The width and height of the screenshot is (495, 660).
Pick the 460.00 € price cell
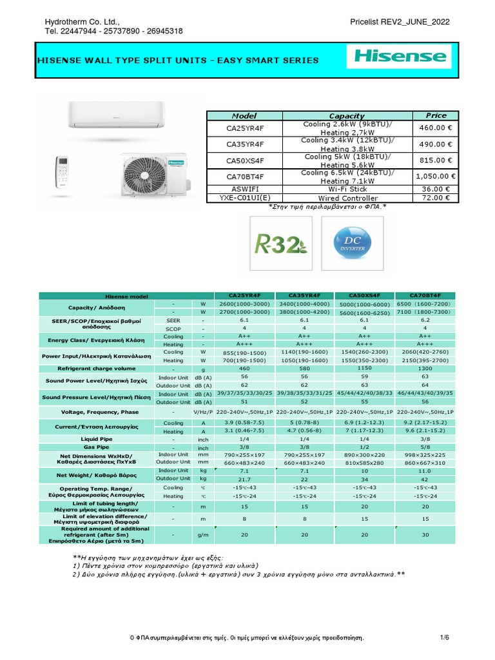click(x=436, y=128)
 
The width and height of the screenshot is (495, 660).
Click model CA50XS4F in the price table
click(x=245, y=160)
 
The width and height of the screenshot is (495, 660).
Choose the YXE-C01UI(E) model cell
click(x=245, y=198)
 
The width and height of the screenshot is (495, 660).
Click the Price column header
click(x=436, y=115)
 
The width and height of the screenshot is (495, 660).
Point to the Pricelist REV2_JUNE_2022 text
click(x=400, y=22)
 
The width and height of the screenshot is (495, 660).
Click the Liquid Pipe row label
click(x=97, y=438)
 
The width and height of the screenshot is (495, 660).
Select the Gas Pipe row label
click(x=97, y=447)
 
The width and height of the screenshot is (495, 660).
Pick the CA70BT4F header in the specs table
click(x=425, y=295)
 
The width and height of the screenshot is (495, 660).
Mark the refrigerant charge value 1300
click(x=425, y=369)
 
